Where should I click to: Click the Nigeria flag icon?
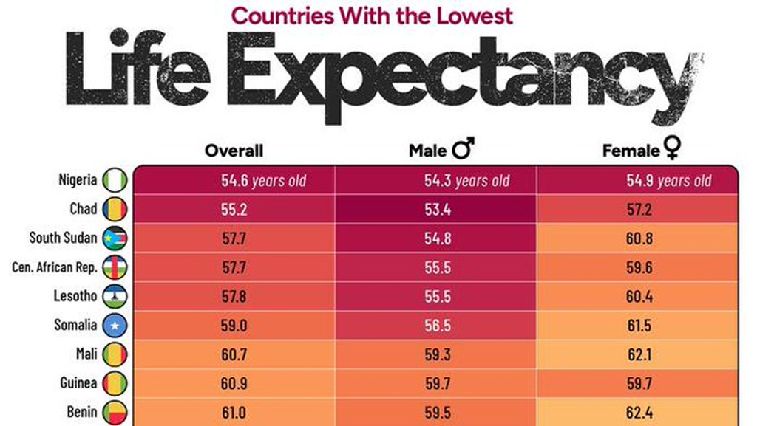pyautogui.click(x=115, y=180)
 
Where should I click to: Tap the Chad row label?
pyautogui.click(x=84, y=209)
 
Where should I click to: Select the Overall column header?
pyautogui.click(x=234, y=151)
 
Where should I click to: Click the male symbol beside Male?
pyautogui.click(x=464, y=150)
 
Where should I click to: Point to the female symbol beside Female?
pyautogui.click(x=671, y=150)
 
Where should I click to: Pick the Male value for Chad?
pyautogui.click(x=436, y=210)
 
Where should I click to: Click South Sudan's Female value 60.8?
pyautogui.click(x=639, y=238)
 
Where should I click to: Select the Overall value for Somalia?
pyautogui.click(x=234, y=325)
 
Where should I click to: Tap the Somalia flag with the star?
pyautogui.click(x=115, y=325)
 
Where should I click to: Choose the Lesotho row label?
pyautogui.click(x=75, y=296)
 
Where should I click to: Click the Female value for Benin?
pyautogui.click(x=639, y=411)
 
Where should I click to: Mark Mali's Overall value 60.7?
pyautogui.click(x=234, y=354)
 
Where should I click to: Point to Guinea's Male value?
pyautogui.click(x=436, y=382)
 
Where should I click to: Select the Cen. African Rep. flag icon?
pyautogui.click(x=115, y=267)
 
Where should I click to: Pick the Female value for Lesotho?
pyautogui.click(x=639, y=296)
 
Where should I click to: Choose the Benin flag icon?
pyautogui.click(x=115, y=411)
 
